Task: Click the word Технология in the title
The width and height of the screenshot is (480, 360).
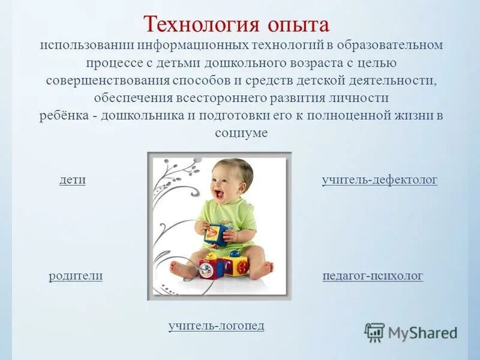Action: [199, 25]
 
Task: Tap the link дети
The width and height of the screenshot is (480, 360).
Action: [72, 179]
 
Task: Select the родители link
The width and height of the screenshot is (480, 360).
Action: [76, 275]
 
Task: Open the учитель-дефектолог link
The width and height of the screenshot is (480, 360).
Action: [379, 179]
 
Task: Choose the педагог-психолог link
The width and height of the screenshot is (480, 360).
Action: [373, 275]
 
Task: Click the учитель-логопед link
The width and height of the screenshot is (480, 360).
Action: [216, 325]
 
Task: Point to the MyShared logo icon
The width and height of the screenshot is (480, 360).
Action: [374, 332]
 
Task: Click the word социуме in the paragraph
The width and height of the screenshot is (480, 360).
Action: [241, 133]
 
